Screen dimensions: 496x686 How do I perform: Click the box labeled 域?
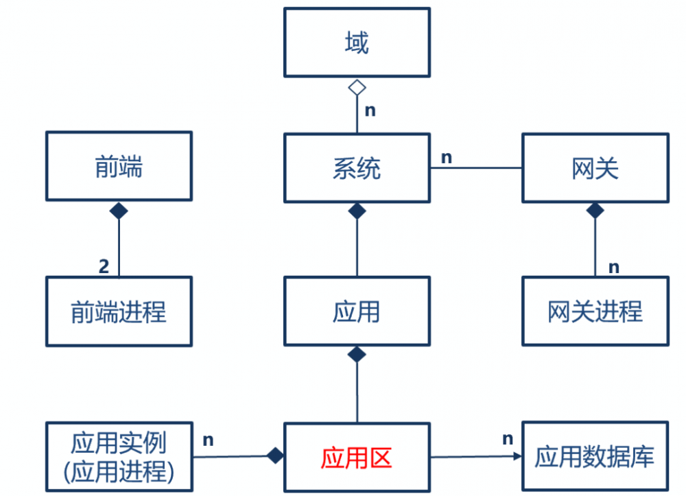point(357,43)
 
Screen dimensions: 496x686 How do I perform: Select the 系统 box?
point(357,168)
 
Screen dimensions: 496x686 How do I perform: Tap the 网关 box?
point(595,168)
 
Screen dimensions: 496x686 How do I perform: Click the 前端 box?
point(119,167)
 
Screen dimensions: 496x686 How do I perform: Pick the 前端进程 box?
point(119,311)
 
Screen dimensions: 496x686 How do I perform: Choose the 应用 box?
point(357,311)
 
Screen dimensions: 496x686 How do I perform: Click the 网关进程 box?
point(595,311)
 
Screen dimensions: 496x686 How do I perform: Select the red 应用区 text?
point(356,458)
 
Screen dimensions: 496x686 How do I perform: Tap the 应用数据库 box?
point(595,456)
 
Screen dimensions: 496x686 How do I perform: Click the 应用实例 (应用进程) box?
point(119,456)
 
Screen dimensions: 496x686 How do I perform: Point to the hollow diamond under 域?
point(357,87)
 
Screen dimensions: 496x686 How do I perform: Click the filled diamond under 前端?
point(119,211)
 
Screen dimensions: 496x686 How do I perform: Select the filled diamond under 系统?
point(357,211)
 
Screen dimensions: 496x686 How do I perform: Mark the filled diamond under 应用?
point(357,355)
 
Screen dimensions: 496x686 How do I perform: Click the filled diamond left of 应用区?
point(275,456)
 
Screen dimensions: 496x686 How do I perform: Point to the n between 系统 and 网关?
point(446,157)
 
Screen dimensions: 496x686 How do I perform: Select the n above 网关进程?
point(614,267)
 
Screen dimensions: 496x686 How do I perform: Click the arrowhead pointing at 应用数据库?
point(516,456)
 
